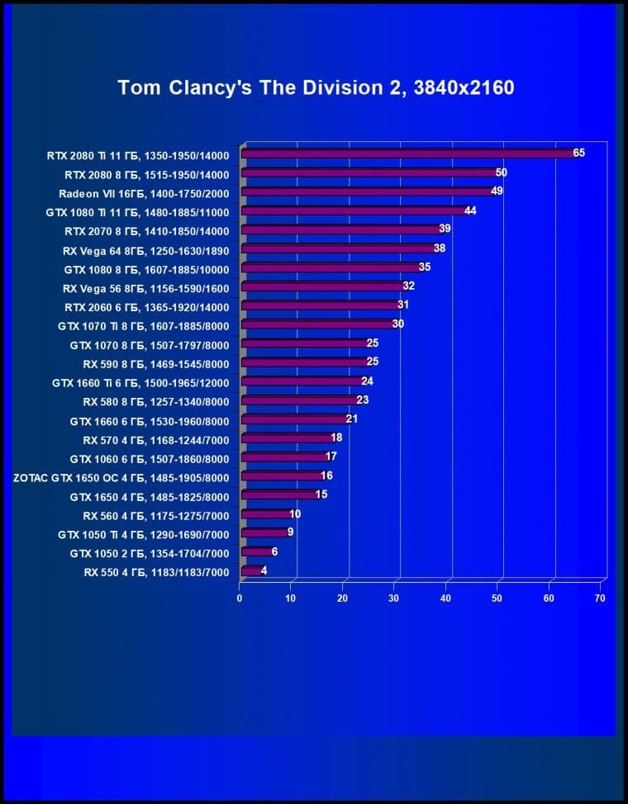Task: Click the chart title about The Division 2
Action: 316,87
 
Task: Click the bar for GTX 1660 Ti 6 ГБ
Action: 302,382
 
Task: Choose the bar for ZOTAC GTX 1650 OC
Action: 281,476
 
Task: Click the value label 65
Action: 578,153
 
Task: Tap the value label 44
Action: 470,210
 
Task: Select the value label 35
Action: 425,267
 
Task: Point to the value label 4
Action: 264,570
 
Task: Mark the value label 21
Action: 352,419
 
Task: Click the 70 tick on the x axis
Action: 600,598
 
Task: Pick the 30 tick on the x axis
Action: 394,598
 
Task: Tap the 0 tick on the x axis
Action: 240,598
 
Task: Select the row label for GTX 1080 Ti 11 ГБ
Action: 137,211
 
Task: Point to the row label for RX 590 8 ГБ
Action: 155,363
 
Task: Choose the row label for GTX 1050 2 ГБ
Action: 149,552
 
